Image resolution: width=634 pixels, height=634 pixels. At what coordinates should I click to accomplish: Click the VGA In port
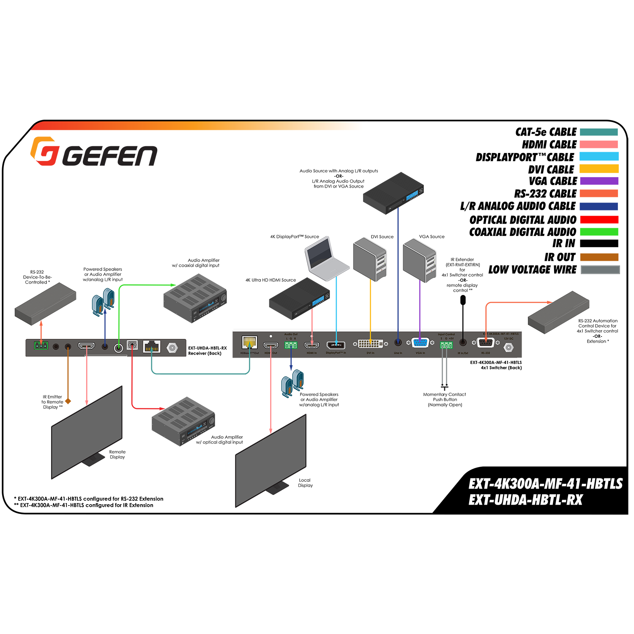(x=420, y=343)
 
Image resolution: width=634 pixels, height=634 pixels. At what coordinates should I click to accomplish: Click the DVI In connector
(x=370, y=344)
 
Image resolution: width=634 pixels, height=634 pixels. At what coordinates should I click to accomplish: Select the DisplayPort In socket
(x=336, y=345)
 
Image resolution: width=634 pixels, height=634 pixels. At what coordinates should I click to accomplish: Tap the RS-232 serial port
(x=485, y=343)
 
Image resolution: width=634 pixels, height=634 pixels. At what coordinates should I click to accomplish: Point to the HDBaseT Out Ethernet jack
(x=249, y=342)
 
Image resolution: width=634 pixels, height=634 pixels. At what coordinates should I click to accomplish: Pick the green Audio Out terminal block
(x=291, y=345)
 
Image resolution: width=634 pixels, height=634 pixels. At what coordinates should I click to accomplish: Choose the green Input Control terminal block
(x=446, y=345)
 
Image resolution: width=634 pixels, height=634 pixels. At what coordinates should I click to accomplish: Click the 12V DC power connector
(x=509, y=347)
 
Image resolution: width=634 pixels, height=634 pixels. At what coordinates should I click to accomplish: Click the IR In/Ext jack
(x=463, y=343)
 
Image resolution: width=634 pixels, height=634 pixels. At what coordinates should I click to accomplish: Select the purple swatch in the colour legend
(x=599, y=181)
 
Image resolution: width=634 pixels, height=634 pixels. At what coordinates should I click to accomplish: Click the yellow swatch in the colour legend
(x=599, y=169)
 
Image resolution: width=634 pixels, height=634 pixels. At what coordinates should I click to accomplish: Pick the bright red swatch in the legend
(x=599, y=219)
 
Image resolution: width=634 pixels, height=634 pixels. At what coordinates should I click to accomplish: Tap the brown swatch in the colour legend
(x=599, y=256)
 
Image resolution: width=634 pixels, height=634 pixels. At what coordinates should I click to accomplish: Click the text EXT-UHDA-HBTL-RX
(x=525, y=500)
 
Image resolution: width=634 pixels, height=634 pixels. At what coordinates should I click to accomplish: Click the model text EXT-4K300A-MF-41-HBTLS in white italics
(x=545, y=484)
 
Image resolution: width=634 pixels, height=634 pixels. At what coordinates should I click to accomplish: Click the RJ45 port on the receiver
(x=152, y=347)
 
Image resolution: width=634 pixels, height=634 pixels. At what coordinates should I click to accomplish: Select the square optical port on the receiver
(x=132, y=345)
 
